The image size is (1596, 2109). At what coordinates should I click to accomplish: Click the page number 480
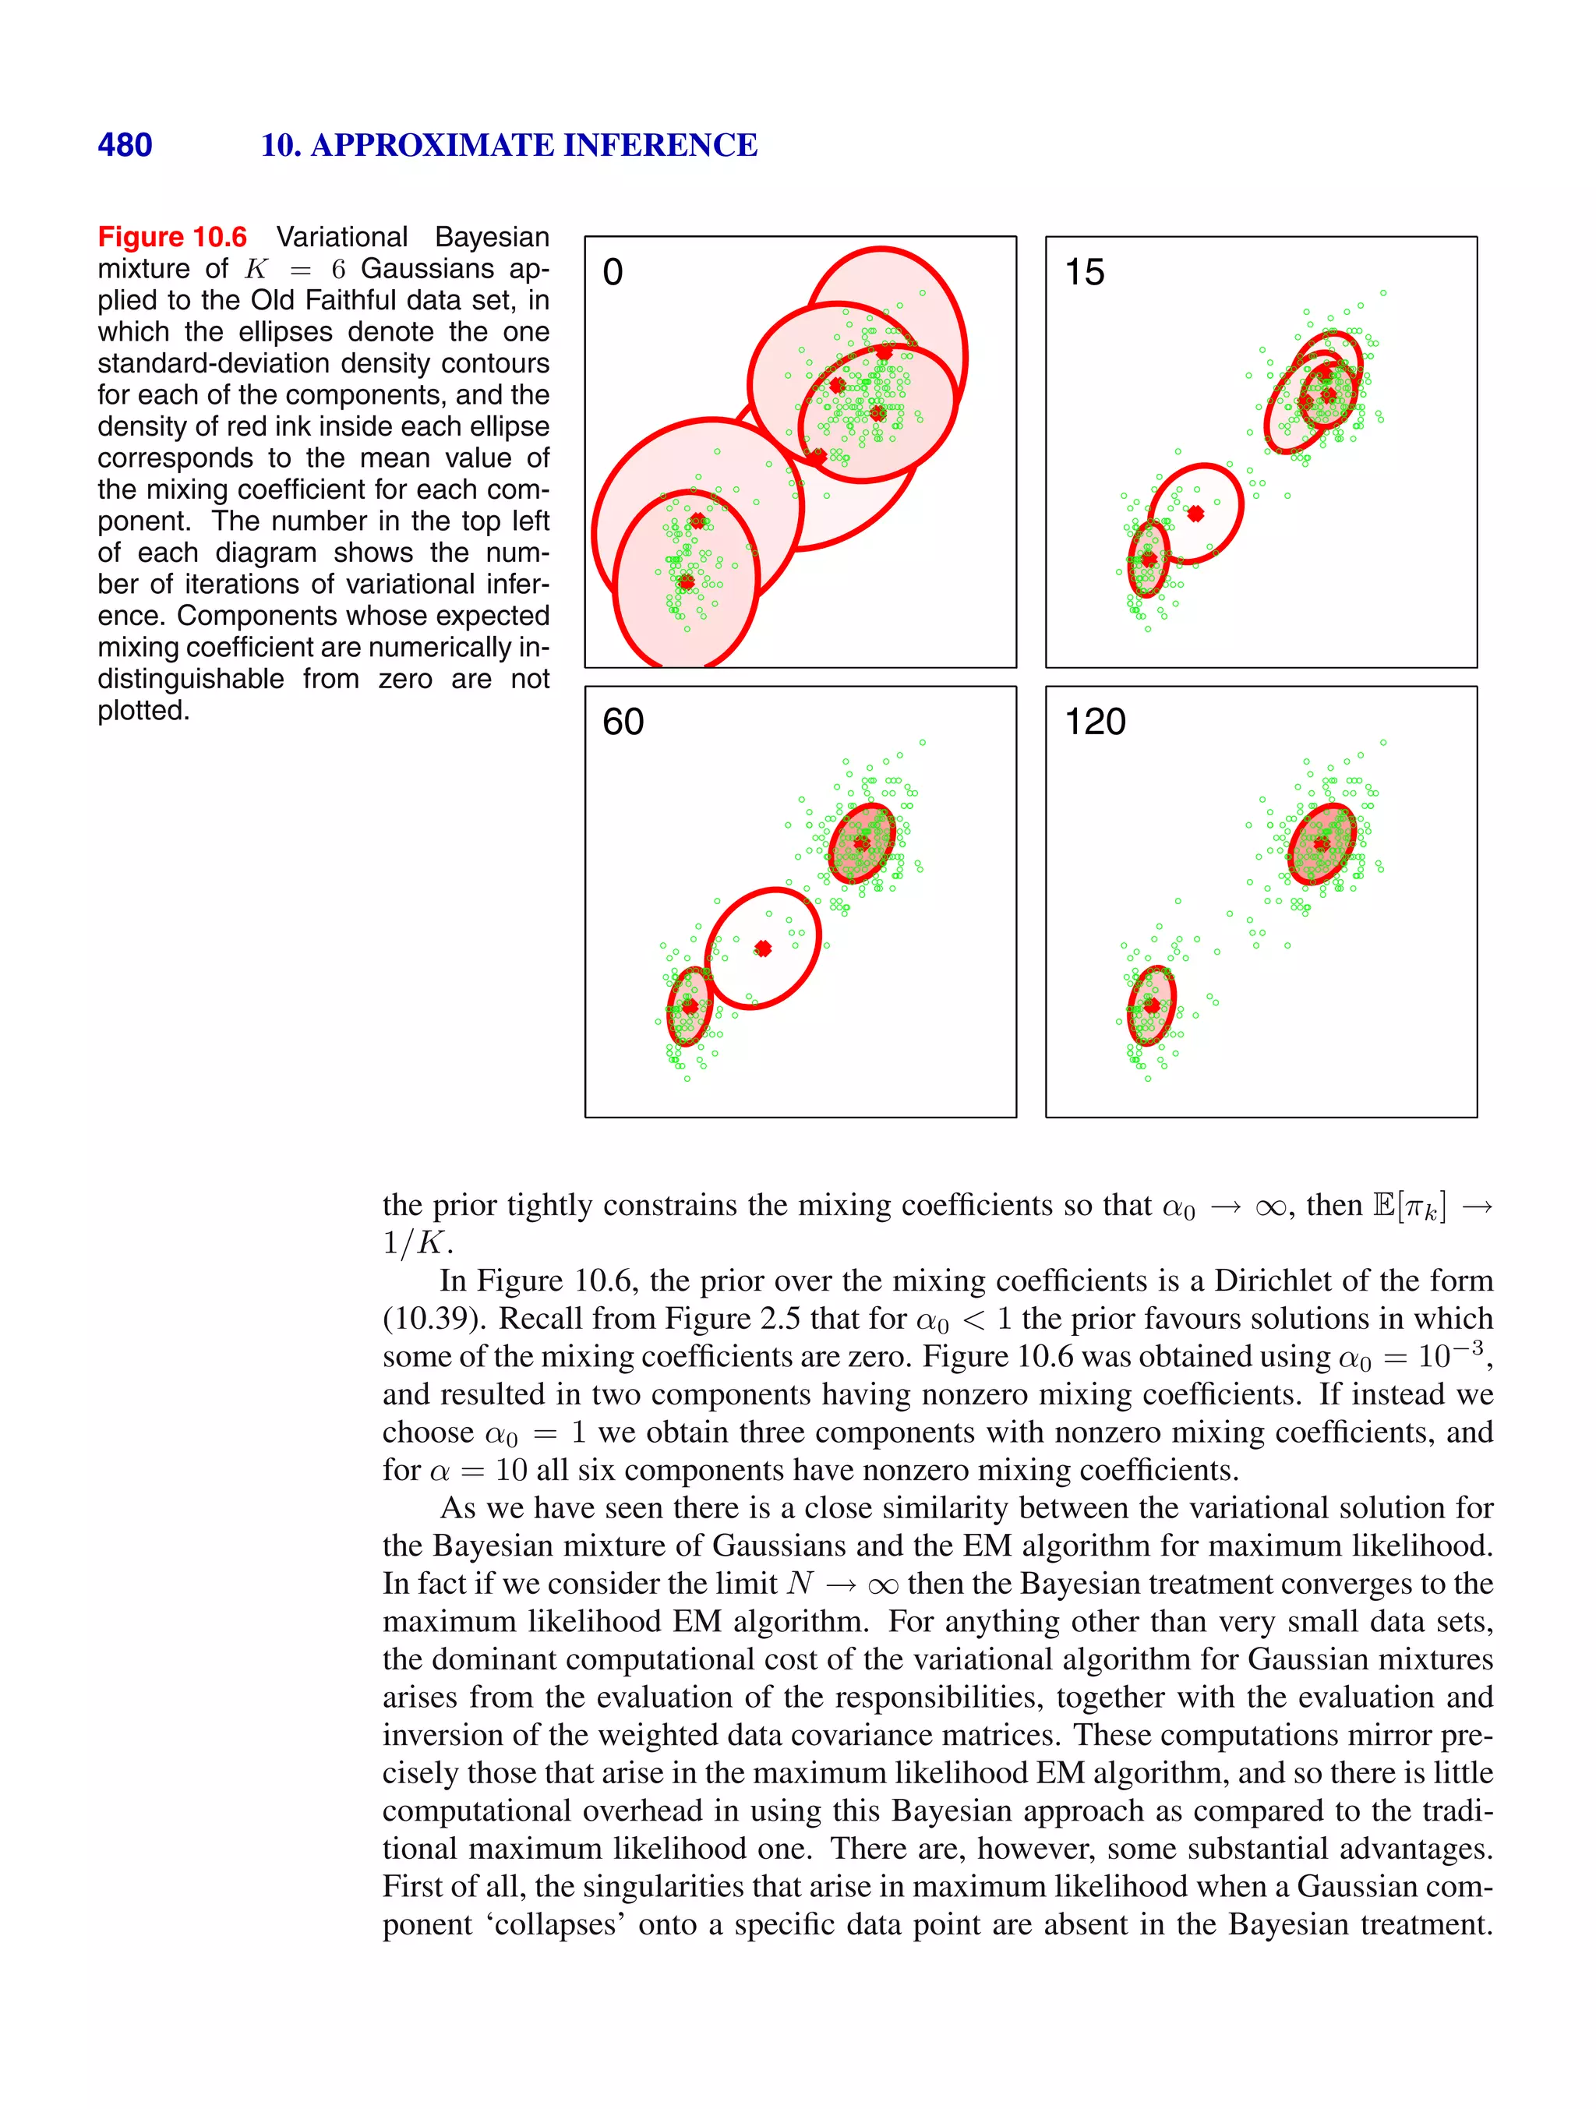[125, 145]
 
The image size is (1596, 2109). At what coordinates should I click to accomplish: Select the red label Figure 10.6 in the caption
[172, 236]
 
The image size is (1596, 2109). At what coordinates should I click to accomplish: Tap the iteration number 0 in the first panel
[613, 273]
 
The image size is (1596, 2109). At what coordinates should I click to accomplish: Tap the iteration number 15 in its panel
[1084, 273]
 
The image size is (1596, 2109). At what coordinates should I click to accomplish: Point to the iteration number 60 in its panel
[623, 722]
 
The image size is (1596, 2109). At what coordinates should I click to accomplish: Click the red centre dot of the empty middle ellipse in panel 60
[763, 948]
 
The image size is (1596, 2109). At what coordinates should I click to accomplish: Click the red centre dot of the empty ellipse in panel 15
[1195, 513]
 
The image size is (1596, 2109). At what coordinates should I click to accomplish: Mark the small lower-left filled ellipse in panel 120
[1152, 1006]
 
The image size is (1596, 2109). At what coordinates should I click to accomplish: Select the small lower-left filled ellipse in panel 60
[688, 1006]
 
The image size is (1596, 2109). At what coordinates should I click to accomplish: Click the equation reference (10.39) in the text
[434, 1319]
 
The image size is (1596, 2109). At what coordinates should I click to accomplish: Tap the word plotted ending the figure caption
[143, 710]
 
